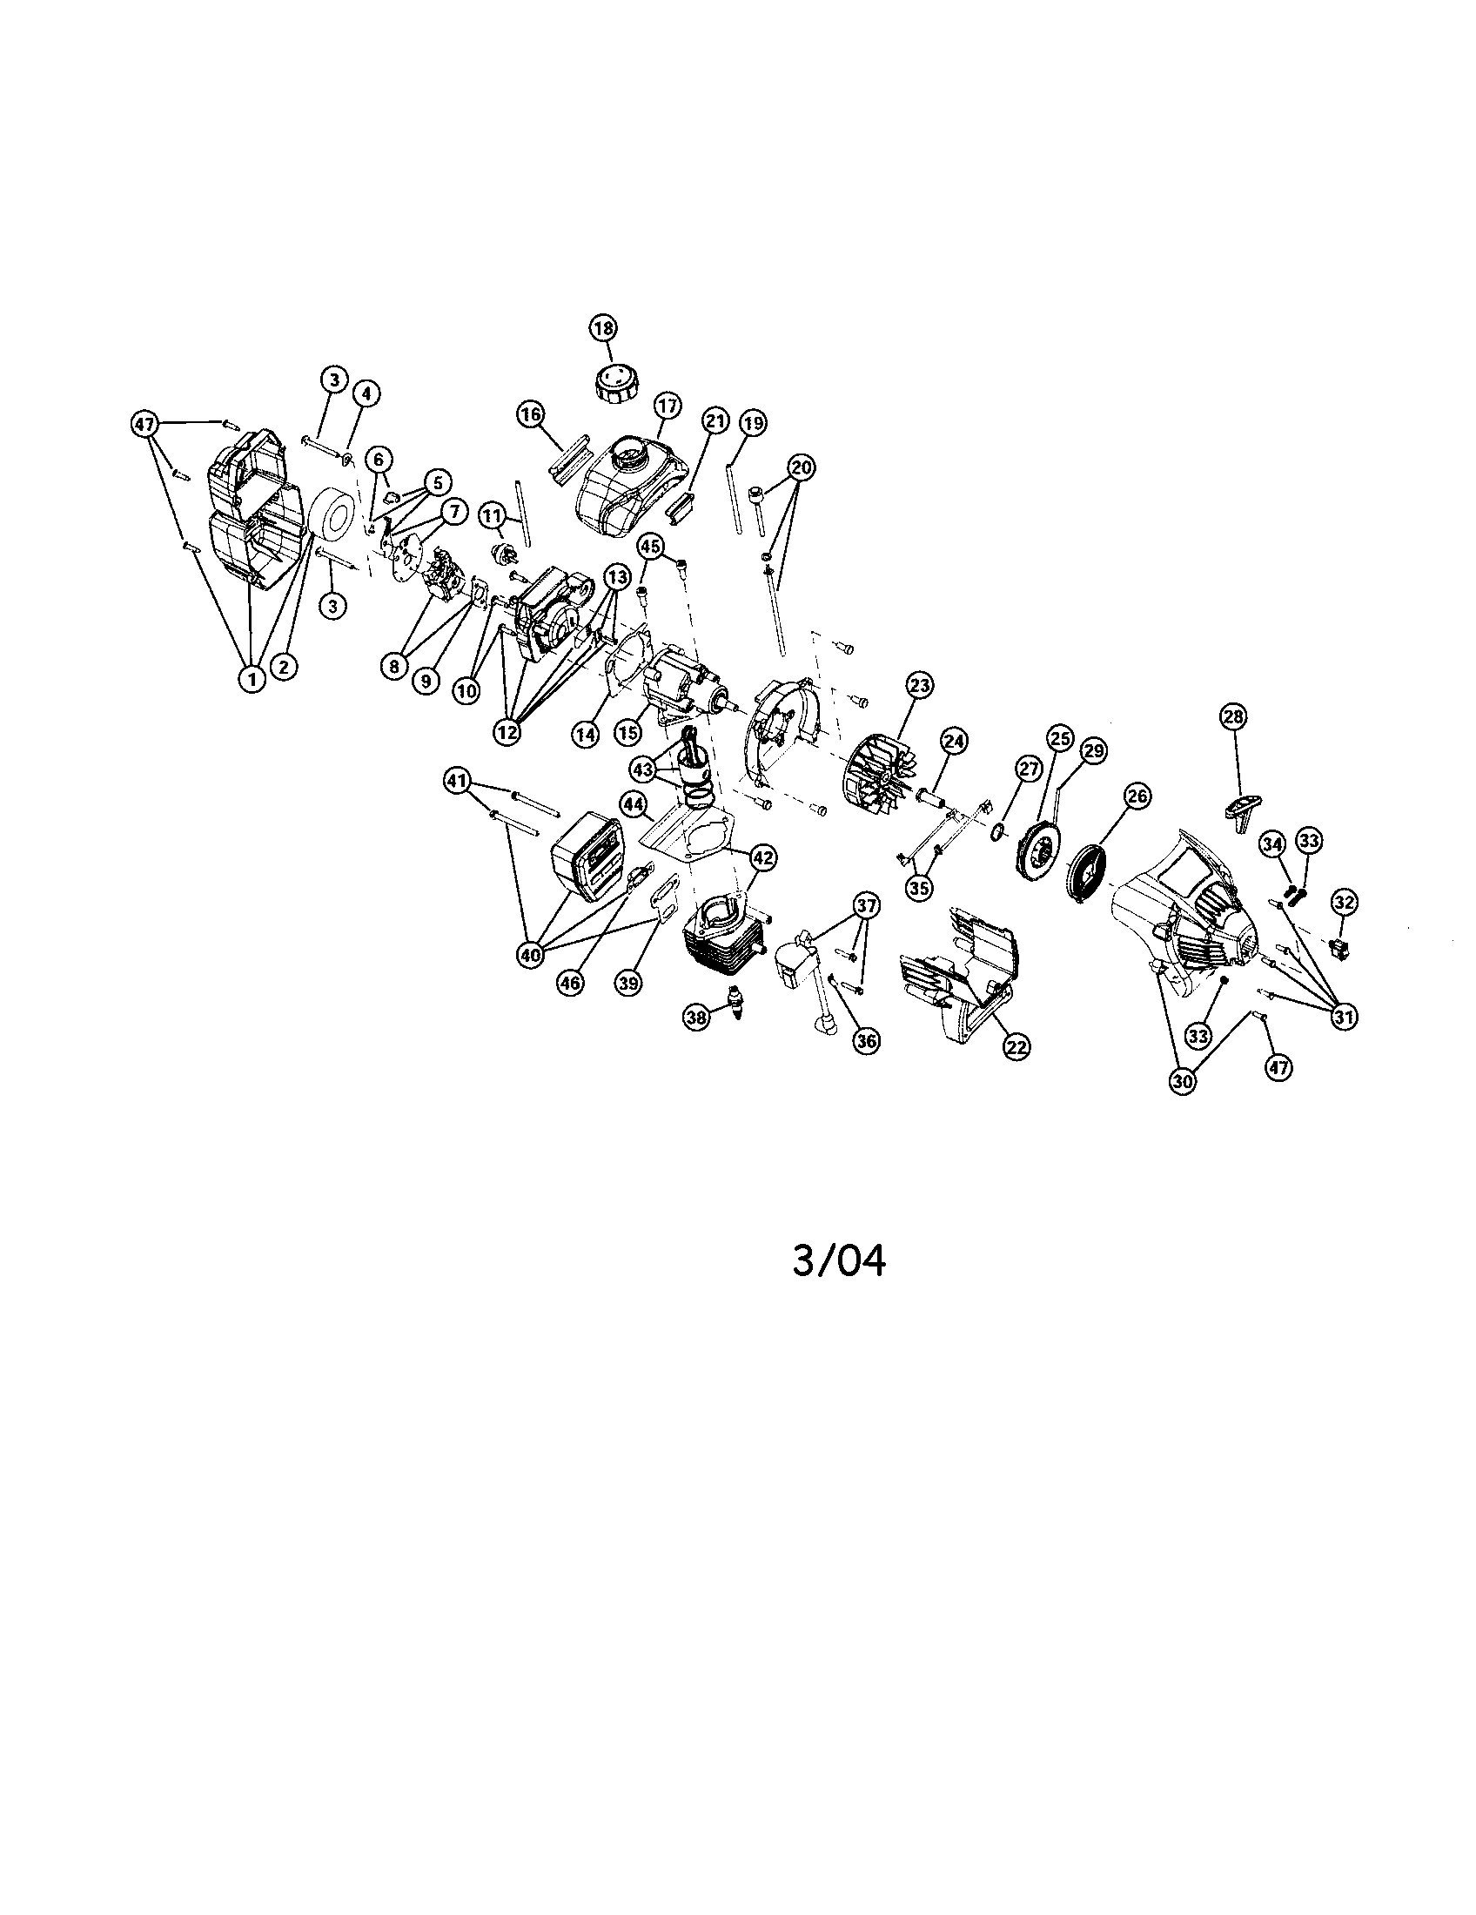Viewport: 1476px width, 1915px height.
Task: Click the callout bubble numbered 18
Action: click(x=603, y=329)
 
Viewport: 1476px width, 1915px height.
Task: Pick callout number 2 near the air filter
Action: click(x=283, y=667)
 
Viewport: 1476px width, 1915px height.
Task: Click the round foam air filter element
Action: click(x=334, y=522)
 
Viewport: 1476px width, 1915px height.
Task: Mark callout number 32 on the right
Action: click(x=1345, y=901)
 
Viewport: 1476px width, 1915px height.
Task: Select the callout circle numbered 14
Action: click(x=586, y=735)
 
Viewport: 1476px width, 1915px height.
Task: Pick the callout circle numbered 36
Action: click(x=866, y=1041)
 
